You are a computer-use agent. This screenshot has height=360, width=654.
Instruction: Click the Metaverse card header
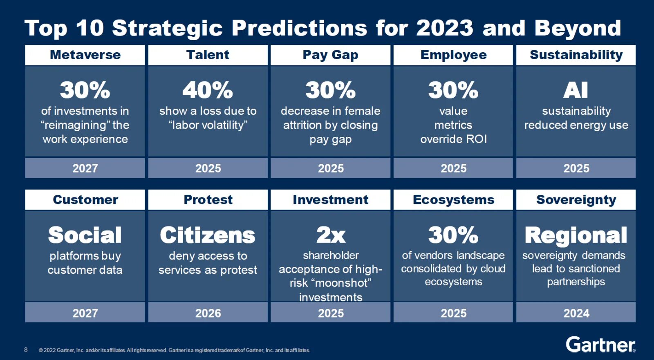[x=85, y=55]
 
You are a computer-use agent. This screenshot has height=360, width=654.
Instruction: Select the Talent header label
[x=208, y=55]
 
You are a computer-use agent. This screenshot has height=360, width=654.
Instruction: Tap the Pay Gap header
[x=330, y=55]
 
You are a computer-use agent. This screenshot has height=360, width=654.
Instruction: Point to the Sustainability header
[x=576, y=55]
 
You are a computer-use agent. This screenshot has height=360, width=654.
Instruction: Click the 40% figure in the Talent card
[x=208, y=90]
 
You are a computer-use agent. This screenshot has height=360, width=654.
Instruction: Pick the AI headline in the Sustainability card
[x=576, y=90]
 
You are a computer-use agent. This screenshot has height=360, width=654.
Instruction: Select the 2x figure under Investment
[x=331, y=235]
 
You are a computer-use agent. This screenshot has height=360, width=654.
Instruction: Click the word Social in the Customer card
[x=85, y=235]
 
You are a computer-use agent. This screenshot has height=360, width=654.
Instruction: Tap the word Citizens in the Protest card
[x=208, y=235]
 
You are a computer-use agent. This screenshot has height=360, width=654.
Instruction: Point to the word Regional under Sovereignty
[x=576, y=235]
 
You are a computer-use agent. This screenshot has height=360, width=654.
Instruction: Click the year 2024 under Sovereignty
[x=576, y=313]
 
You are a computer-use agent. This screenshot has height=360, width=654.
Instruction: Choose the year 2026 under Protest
[x=208, y=313]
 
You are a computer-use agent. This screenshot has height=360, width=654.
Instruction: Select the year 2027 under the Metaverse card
[x=85, y=168]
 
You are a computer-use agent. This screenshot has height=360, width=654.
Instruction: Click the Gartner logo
[x=600, y=345]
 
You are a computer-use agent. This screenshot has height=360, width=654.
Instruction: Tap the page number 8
[x=26, y=350]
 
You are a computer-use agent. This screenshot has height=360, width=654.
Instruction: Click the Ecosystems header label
[x=453, y=200]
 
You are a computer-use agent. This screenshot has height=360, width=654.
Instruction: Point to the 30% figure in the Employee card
[x=453, y=90]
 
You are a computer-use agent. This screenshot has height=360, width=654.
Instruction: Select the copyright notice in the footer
[x=174, y=350]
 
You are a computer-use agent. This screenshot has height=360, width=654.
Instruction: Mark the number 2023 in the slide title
[x=445, y=28]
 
